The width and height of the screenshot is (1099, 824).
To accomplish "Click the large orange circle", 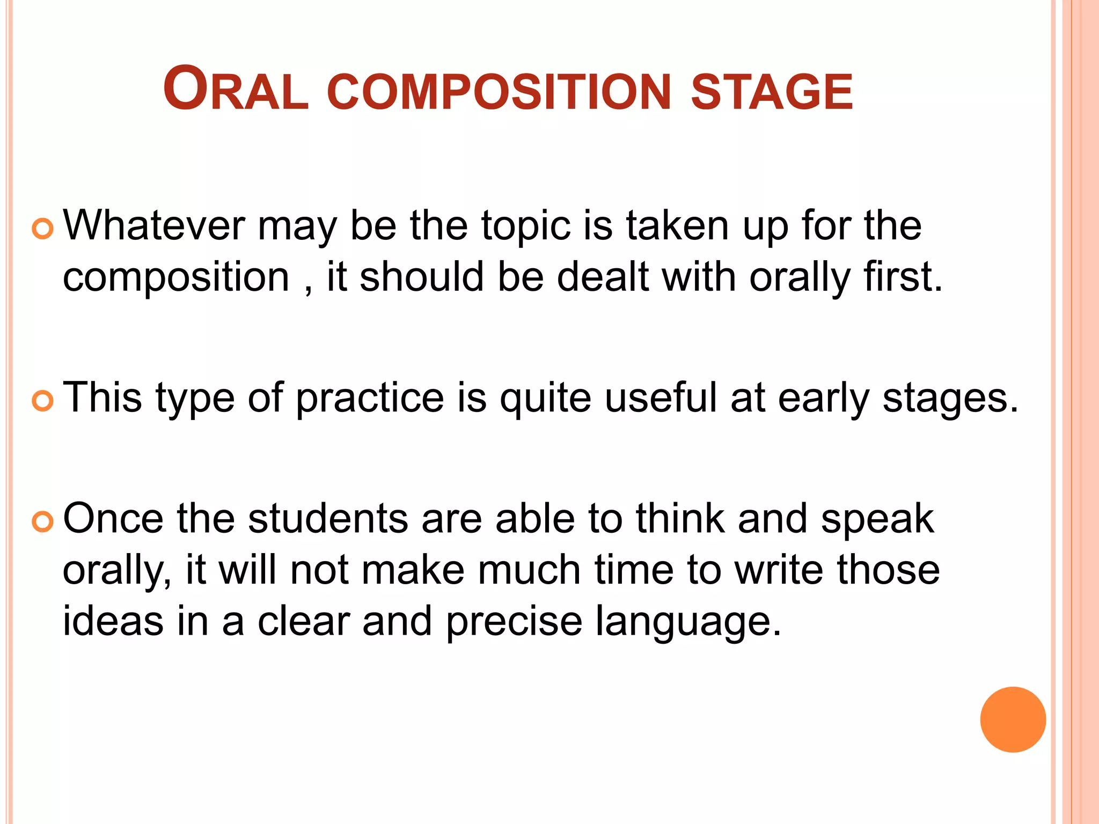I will coord(1013,719).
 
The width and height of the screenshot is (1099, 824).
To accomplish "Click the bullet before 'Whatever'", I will coord(42,229).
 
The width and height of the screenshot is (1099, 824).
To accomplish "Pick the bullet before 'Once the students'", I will coord(42,521).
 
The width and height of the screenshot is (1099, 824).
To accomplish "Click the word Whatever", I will coord(154,225).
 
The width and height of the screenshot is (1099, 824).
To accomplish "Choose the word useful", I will coord(661,398).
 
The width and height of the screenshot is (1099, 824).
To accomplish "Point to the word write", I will coord(779,570).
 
